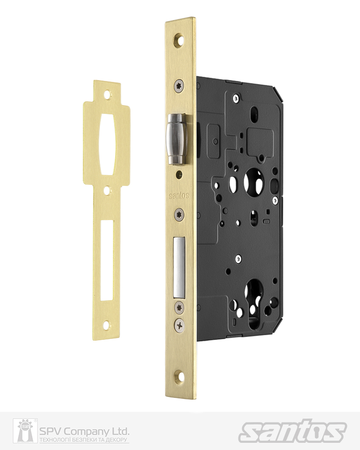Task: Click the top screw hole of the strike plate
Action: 108,95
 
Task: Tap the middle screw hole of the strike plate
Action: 107,191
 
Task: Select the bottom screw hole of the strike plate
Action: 107,324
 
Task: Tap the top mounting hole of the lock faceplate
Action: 180,39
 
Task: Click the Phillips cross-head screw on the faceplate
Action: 180,323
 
